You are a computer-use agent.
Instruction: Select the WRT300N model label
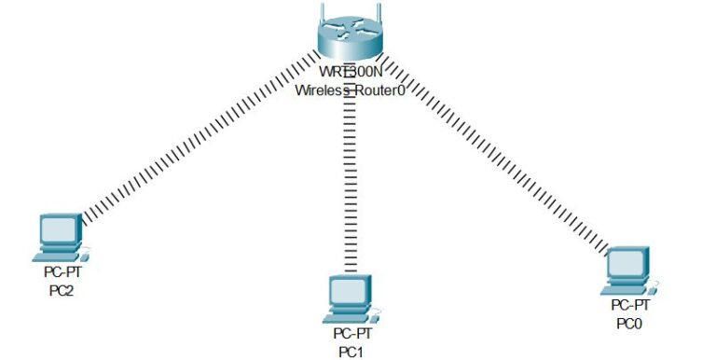[349, 73]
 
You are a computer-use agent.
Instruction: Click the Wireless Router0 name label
[349, 90]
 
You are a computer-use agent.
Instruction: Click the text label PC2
[61, 291]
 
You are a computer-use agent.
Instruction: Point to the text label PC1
[351, 351]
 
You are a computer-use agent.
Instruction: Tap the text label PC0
[630, 324]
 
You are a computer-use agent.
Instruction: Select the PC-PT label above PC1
[352, 333]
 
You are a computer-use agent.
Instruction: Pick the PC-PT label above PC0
[630, 306]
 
